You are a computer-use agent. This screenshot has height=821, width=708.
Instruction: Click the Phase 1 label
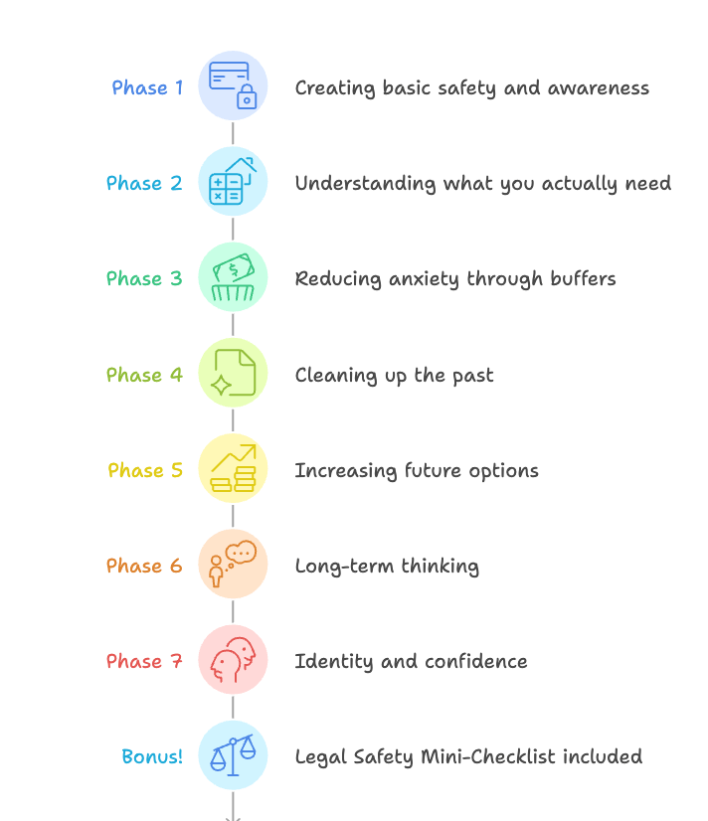coord(147,87)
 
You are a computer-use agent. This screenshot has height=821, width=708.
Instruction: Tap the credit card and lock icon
coord(233,85)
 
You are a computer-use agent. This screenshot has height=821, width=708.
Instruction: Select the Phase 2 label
coord(144,183)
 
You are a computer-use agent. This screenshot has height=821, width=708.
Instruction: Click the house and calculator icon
coord(233,181)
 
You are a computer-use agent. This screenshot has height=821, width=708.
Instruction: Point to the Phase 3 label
coord(144,278)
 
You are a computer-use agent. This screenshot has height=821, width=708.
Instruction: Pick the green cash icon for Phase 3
coord(233,276)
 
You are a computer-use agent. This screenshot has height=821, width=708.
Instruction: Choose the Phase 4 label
coord(144,375)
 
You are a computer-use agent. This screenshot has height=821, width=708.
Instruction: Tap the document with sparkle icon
coord(233,373)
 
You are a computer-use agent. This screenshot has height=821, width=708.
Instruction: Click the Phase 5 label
coord(145,470)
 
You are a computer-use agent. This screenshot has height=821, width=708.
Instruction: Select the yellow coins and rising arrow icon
coord(233,468)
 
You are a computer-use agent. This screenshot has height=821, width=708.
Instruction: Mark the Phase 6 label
coord(144,566)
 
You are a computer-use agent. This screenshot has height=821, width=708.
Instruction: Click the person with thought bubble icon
coord(233,564)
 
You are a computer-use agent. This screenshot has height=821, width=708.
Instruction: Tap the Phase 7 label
coord(144,661)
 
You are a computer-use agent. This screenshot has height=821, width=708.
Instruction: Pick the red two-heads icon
coord(233,659)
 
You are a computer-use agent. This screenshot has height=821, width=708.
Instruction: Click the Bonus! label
coord(152,756)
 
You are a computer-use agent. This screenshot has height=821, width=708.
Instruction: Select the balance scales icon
coord(233,754)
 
